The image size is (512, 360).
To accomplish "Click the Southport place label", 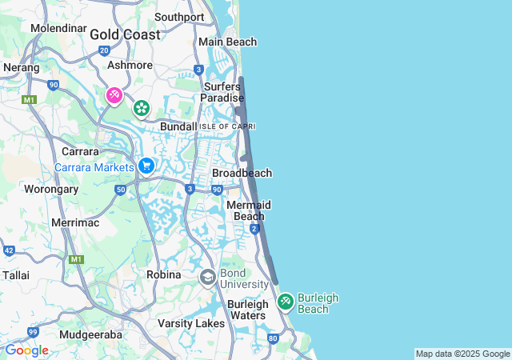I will click(x=179, y=17).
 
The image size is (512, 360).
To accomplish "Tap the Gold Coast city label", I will click(x=124, y=34).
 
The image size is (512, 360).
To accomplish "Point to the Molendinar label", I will click(x=58, y=28).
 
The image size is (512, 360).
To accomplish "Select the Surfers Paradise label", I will click(x=223, y=92).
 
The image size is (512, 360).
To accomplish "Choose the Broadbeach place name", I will click(x=242, y=173).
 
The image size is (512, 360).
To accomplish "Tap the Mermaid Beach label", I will click(x=248, y=210).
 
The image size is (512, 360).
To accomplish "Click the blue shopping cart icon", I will click(x=146, y=166).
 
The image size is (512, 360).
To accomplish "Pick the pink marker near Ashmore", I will click(x=114, y=96).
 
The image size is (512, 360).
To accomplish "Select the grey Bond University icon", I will click(x=207, y=277).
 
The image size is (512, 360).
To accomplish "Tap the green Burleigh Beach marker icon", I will click(x=285, y=302).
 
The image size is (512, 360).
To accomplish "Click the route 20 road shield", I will click(x=104, y=50).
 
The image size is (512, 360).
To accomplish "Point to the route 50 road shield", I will click(x=120, y=190).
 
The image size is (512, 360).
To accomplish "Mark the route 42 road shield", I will click(x=9, y=250).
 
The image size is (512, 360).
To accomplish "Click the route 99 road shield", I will click(x=33, y=331).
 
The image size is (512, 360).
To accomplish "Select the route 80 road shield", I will click(x=273, y=338).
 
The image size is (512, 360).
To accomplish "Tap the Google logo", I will click(x=26, y=350).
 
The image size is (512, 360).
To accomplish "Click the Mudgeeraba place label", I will click(x=90, y=334).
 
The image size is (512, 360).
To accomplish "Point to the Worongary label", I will click(x=51, y=190).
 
